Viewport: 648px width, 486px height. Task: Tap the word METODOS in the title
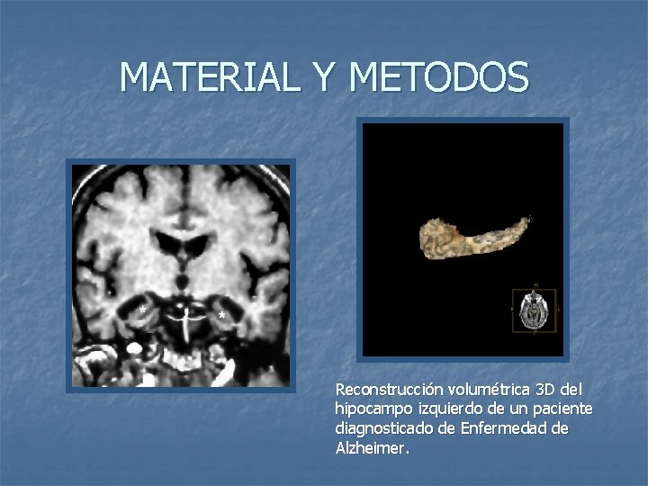tap(438, 77)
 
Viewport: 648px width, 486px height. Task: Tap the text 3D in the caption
tap(546, 390)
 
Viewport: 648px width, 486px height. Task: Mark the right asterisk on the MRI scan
tap(221, 316)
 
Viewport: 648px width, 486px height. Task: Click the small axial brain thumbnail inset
tap(534, 310)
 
